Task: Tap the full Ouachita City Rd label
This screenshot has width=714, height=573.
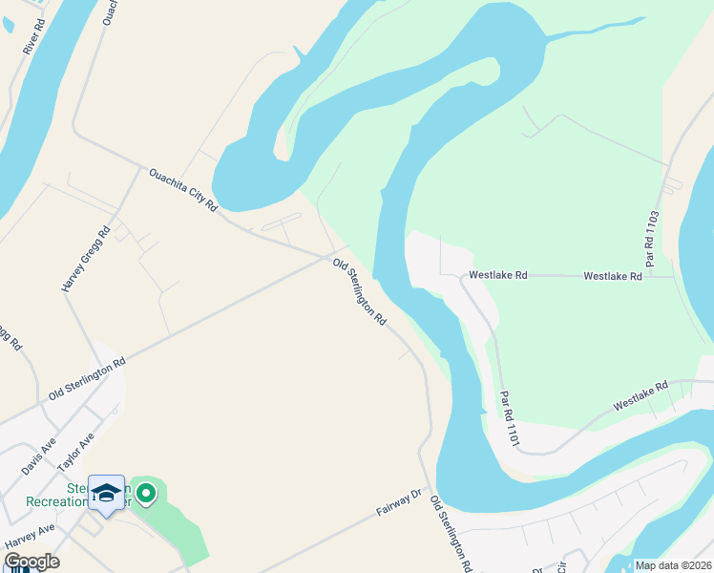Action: click(183, 189)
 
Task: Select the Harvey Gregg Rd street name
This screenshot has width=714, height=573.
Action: click(86, 258)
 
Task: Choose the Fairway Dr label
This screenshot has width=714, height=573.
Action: click(399, 502)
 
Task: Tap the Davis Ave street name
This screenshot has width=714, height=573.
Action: click(39, 457)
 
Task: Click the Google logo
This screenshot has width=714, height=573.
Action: click(31, 562)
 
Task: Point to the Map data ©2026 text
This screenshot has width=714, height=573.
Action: click(673, 565)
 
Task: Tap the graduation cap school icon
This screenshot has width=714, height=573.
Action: click(106, 493)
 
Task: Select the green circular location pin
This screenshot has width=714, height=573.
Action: click(146, 494)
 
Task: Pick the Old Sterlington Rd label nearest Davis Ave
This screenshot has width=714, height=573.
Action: click(87, 380)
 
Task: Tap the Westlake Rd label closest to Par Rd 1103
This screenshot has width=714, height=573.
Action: click(613, 276)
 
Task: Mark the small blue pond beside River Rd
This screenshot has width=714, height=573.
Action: click(9, 24)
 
